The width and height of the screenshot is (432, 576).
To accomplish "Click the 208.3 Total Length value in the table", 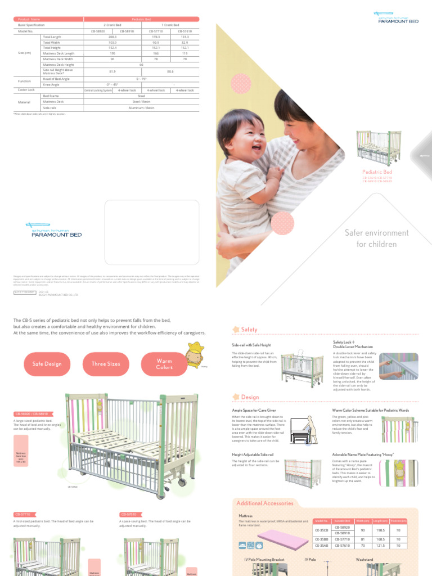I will tap(112, 37).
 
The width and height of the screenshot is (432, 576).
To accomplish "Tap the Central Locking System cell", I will tap(98, 90).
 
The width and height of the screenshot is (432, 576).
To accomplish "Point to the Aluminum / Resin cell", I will tap(141, 107).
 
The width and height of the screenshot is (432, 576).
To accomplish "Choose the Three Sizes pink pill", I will tap(106, 364).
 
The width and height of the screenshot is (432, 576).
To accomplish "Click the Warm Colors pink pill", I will tap(164, 364).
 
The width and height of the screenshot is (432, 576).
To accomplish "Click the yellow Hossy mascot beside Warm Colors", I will tap(195, 354).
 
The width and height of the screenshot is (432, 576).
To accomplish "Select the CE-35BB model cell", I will tap(321, 539).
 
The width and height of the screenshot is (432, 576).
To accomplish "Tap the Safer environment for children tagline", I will tap(376, 238).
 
